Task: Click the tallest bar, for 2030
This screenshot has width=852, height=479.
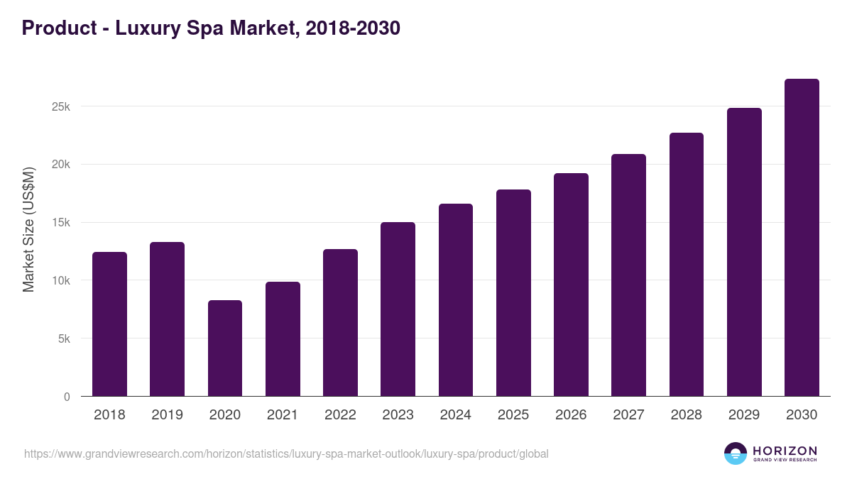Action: [802, 238]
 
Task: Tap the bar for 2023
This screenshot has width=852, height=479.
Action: [398, 309]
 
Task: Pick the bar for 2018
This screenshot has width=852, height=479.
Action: [109, 324]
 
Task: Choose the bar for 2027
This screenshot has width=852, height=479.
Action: [628, 275]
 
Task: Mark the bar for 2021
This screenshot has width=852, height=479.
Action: [283, 338]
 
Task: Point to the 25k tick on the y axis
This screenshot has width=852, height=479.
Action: [60, 106]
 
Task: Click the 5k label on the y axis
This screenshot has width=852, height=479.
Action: [63, 338]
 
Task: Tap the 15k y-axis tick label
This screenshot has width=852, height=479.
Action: [60, 223]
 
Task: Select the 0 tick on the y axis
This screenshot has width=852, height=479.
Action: [67, 397]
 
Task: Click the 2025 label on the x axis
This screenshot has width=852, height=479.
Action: [513, 415]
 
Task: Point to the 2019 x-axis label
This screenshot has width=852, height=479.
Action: [167, 415]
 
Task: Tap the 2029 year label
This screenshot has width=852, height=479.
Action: [744, 415]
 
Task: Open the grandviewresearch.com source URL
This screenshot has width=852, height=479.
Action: [286, 453]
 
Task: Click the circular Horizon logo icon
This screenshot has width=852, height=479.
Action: [736, 453]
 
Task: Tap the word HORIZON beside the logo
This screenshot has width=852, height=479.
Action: [785, 450]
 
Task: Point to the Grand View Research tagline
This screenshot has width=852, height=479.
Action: [785, 461]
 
